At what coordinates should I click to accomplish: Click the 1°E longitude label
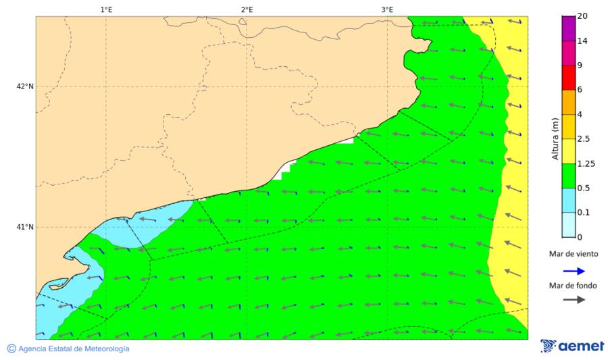point(106,9)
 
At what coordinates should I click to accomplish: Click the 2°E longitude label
point(247,9)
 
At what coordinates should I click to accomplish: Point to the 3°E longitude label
point(387,9)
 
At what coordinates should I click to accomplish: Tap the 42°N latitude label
point(26,86)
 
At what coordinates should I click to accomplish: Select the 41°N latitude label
point(26,227)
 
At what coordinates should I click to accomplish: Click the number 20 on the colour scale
point(582,17)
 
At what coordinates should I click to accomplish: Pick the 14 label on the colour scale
point(582,41)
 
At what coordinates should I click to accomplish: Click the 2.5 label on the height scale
point(584,138)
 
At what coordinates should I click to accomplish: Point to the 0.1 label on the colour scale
point(584,212)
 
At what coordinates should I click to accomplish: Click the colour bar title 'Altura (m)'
point(555,138)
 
